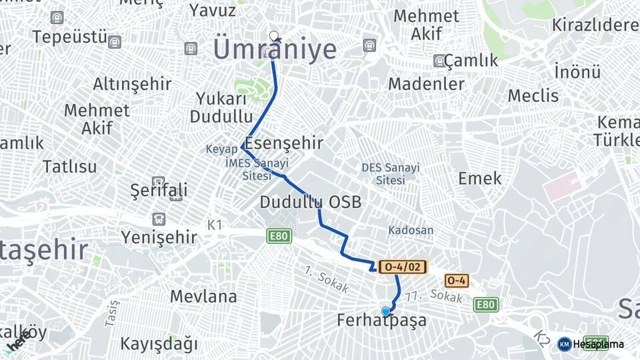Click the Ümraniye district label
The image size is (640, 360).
(275, 50)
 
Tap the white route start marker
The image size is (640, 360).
(273, 35)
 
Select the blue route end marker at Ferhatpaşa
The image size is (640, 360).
(385, 311)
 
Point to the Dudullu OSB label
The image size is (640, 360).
(311, 201)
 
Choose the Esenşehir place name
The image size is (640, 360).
(284, 143)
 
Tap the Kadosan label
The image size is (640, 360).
(411, 230)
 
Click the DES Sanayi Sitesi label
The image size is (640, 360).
(391, 173)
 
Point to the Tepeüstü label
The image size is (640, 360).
(69, 37)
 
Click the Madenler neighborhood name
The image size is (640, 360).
(426, 84)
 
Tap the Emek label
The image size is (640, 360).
(480, 178)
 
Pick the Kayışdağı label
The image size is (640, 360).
(159, 344)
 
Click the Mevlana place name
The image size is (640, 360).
(203, 296)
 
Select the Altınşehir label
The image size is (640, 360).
(132, 84)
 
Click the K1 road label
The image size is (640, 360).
(215, 225)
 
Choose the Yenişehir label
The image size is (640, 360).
(159, 237)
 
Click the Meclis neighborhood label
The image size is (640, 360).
(533, 95)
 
